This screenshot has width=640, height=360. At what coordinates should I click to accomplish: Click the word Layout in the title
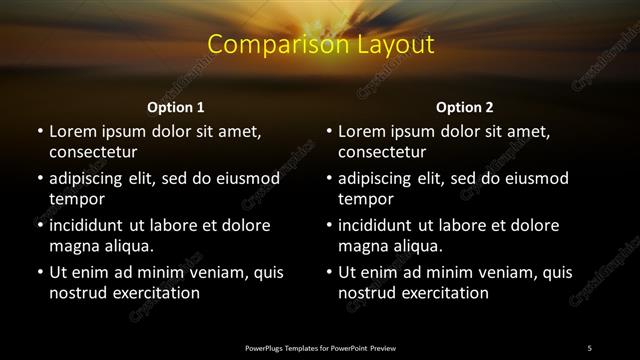[x=396, y=45]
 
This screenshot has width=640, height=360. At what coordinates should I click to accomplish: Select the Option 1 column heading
[x=176, y=107]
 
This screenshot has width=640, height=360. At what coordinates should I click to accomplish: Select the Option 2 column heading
[x=465, y=107]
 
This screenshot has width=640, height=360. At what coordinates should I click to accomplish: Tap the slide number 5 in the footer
[x=589, y=347]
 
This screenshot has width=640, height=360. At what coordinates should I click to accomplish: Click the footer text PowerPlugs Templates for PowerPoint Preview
[x=320, y=347]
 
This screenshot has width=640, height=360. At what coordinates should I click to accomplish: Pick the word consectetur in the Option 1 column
[x=93, y=152]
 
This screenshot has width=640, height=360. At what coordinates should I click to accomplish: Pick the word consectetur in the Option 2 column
[x=382, y=152]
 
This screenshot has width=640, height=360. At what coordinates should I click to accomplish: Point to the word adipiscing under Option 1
[x=91, y=179]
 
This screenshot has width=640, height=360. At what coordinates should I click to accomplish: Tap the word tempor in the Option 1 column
[x=73, y=199]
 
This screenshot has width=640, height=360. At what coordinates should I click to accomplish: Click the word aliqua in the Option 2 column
[x=419, y=246]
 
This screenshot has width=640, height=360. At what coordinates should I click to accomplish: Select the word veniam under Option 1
[x=206, y=272]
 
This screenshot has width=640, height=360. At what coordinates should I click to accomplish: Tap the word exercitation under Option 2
[x=442, y=293]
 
